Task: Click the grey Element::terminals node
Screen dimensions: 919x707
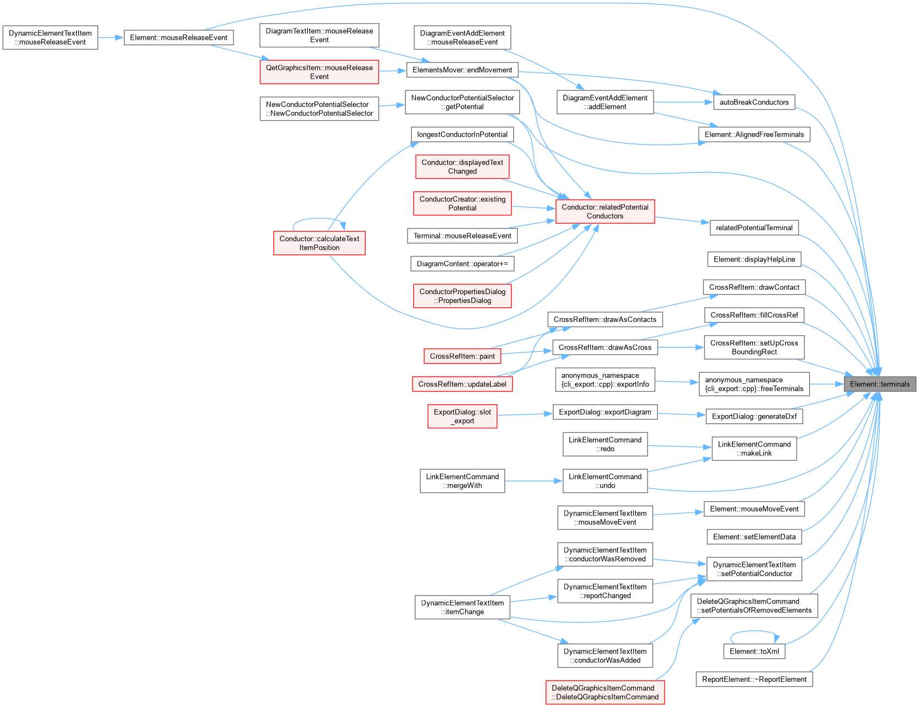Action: pos(880,384)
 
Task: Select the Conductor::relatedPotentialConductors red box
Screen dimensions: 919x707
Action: pos(605,211)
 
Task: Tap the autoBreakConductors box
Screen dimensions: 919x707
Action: pos(754,102)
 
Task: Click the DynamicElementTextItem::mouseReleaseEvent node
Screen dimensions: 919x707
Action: pos(50,37)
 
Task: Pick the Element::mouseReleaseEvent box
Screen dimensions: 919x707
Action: pos(178,37)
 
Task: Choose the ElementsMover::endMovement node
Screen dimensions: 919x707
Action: pos(462,70)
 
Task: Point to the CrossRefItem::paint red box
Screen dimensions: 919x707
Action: pos(462,356)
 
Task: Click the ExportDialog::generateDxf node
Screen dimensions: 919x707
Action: pos(754,416)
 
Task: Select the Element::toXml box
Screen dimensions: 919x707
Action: pos(754,651)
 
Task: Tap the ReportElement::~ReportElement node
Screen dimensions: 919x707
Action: pos(754,679)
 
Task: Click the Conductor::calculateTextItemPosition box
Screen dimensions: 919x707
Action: pos(319,243)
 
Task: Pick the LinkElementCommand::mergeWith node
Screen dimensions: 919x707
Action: pos(462,481)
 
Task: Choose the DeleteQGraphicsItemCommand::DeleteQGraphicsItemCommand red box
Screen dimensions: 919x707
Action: pos(605,692)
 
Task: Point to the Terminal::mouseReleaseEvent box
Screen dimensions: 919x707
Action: pos(462,236)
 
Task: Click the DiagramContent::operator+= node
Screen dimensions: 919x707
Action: pos(462,264)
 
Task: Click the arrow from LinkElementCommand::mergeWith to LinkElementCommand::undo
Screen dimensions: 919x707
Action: pos(533,481)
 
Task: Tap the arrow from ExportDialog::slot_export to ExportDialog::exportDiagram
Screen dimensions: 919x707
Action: pos(525,414)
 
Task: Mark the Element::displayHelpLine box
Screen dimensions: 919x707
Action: pos(754,259)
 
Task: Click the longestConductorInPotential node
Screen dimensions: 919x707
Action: pos(462,134)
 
